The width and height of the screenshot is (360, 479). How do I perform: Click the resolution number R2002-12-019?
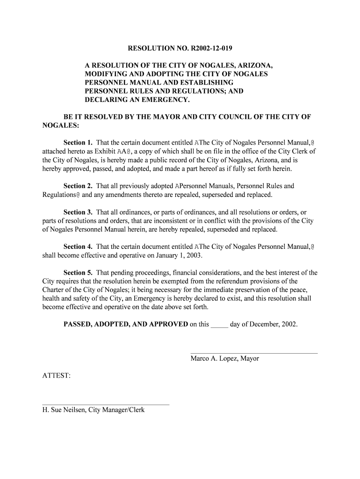point(209,49)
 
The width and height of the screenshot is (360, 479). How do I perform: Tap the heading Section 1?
point(78,142)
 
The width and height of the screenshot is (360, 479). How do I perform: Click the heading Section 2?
point(78,186)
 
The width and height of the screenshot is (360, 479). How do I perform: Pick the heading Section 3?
point(78,212)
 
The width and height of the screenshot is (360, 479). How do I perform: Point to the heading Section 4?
point(78,247)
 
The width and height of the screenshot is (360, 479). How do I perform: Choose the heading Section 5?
point(78,273)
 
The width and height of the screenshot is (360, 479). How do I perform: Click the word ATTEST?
point(56,376)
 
